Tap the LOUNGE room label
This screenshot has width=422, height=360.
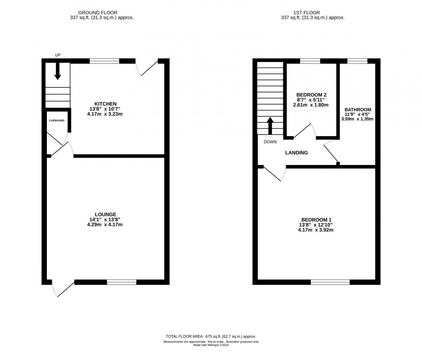105,214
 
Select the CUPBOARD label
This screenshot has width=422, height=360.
56,121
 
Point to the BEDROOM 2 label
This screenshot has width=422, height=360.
312,95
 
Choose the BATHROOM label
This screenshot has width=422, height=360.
357,110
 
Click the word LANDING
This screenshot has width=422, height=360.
297,152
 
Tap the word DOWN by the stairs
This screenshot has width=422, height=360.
271,142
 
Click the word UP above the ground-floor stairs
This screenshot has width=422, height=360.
58,55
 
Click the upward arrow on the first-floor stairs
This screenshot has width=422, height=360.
270,126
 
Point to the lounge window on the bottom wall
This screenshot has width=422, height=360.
121,282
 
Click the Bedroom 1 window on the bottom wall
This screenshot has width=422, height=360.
330,282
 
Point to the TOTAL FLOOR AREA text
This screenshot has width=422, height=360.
211,336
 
